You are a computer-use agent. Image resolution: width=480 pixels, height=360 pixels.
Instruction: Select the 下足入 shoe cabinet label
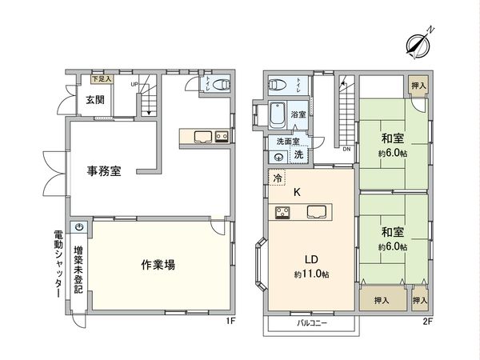coord(101,79)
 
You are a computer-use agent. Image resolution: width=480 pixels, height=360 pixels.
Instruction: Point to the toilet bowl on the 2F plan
coord(278,84)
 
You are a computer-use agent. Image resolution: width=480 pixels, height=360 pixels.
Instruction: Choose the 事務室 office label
coord(104,170)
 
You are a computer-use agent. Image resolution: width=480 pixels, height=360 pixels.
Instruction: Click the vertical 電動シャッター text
coord(58,265)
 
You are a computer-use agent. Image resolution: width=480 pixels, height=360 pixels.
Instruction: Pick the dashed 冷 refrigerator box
coord(276,181)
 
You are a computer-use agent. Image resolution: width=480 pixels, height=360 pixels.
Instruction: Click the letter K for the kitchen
coord(296,192)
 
